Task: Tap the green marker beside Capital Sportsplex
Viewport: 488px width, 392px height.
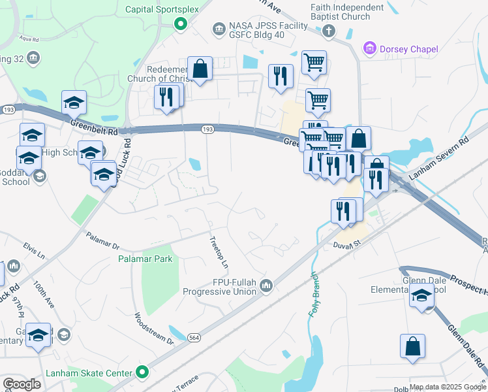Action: coord(181,25)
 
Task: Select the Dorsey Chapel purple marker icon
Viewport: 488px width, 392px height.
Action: coord(370,49)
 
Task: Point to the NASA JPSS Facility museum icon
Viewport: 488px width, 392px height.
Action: coord(219,29)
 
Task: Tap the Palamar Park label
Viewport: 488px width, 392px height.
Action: coord(145,259)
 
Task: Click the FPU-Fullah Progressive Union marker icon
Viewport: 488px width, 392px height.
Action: coord(266,286)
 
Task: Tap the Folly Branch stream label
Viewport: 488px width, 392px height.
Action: coord(314,293)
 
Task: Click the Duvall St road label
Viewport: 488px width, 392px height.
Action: coord(348,244)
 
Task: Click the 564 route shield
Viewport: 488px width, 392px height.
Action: coord(194,337)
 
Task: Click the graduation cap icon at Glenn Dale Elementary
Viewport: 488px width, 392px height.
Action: coord(422,297)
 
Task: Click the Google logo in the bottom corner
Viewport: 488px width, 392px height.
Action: coord(22,384)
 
